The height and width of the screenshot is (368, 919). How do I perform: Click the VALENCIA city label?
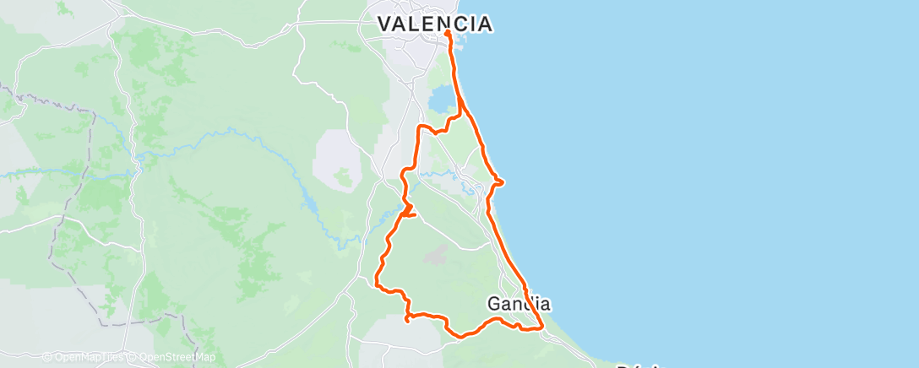tap(434, 24)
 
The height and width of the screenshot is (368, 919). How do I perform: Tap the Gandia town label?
tap(519, 302)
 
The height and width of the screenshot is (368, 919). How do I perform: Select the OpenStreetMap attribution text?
tap(177, 357)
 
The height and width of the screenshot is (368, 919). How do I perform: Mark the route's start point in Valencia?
tap(447, 34)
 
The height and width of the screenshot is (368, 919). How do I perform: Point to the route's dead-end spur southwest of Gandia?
tap(407, 320)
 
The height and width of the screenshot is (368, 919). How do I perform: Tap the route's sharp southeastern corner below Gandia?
tap(541, 327)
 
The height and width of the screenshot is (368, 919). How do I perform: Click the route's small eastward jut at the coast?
tap(503, 181)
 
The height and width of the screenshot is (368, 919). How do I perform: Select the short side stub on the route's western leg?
tap(415, 214)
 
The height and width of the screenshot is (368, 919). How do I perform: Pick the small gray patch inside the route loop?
tap(438, 251)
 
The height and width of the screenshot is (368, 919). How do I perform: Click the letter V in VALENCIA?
tap(385, 24)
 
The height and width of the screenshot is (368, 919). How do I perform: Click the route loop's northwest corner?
tap(420, 127)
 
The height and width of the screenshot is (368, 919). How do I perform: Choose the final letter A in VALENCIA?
tap(484, 24)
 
